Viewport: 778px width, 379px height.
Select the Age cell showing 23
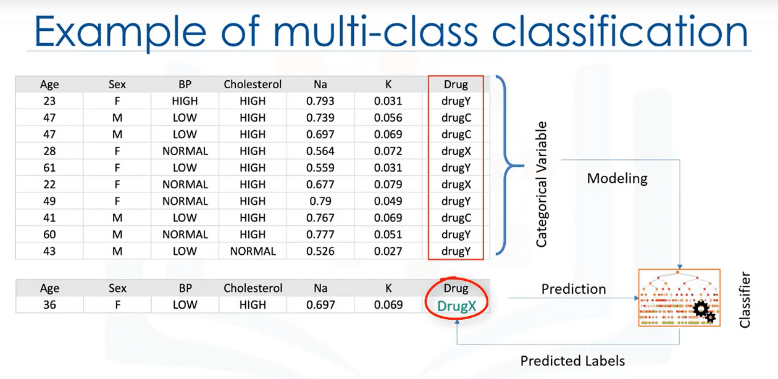point(49,101)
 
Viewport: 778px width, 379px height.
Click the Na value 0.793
point(320,101)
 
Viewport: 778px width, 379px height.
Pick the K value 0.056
point(388,118)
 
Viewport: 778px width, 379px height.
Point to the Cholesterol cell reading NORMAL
point(253,251)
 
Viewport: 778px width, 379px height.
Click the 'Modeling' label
point(617,178)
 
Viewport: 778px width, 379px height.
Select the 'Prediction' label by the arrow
point(574,289)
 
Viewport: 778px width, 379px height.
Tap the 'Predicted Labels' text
point(572,361)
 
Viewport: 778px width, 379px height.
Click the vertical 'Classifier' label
point(745,299)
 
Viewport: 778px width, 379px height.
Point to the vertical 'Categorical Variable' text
point(542,185)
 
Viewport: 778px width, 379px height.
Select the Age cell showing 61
point(49,168)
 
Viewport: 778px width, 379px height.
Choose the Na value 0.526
point(320,251)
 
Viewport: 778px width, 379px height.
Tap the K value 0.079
point(388,185)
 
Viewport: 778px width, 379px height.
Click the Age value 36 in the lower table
point(49,305)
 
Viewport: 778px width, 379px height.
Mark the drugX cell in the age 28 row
point(456,151)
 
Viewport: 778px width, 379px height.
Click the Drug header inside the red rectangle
point(456,85)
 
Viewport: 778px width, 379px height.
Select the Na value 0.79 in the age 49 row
point(320,201)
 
